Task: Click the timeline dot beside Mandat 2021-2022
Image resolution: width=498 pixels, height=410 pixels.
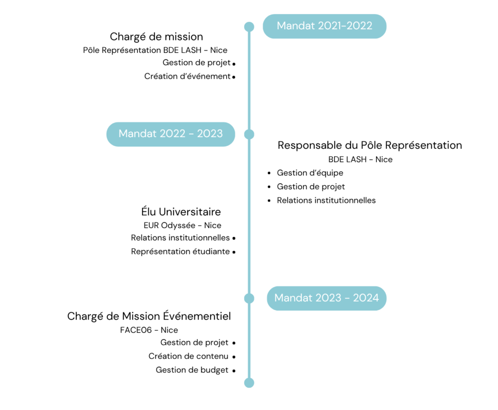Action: pos(249,26)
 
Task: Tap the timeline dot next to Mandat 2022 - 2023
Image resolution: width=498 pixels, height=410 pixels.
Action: pos(249,134)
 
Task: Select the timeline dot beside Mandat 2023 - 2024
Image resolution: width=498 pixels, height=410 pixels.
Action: pos(249,298)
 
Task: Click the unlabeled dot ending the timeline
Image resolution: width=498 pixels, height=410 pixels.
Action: pos(249,383)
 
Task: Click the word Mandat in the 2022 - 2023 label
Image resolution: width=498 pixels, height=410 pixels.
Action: pos(138,134)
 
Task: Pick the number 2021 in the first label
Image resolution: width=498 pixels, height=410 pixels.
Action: pos(330,26)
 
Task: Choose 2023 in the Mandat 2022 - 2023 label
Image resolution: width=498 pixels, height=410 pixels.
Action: pos(210,134)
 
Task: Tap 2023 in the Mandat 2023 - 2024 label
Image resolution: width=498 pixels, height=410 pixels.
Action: pos(328,298)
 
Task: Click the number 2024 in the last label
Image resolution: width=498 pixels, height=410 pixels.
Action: pos(366,298)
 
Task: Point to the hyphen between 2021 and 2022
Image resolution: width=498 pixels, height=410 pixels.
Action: pos(344,26)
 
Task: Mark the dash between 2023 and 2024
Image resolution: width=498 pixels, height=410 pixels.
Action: pos(347,298)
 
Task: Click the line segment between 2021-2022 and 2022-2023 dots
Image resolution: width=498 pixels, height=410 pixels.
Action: pos(249,80)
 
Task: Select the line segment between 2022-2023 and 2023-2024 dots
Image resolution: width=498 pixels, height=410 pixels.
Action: pos(249,216)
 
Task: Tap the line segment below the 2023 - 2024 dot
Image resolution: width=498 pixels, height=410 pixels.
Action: pos(249,340)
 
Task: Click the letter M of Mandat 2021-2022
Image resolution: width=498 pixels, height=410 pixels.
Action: pos(282,26)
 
